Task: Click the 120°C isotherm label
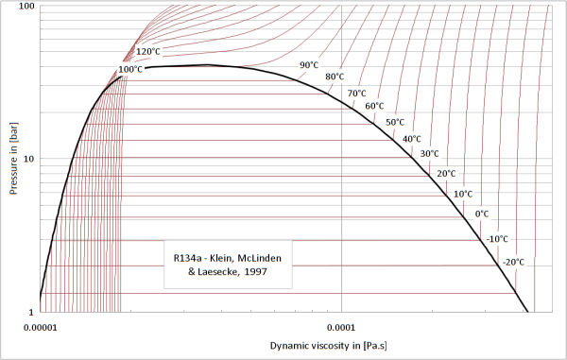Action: pyautogui.click(x=148, y=52)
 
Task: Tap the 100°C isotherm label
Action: pyautogui.click(x=130, y=69)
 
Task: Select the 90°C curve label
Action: pyautogui.click(x=309, y=65)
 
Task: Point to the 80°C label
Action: pyautogui.click(x=335, y=77)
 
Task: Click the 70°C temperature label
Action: pyautogui.click(x=357, y=94)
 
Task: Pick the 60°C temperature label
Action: pyautogui.click(x=374, y=106)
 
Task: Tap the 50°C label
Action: pyautogui.click(x=395, y=122)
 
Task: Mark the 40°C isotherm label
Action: pyautogui.click(x=412, y=139)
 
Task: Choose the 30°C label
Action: pyautogui.click(x=430, y=154)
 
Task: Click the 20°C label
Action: pyautogui.click(x=447, y=174)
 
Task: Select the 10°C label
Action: pyautogui.click(x=463, y=194)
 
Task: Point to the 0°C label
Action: pyautogui.click(x=482, y=214)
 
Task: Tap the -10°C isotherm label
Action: pyautogui.click(x=498, y=239)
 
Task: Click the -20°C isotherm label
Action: pyautogui.click(x=514, y=262)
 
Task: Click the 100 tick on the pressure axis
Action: pyautogui.click(x=26, y=7)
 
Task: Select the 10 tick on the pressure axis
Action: pyautogui.click(x=29, y=159)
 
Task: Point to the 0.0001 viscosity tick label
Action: pyautogui.click(x=341, y=328)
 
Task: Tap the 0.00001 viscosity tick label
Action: pyautogui.click(x=41, y=328)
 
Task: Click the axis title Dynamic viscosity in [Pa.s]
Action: pyautogui.click(x=328, y=346)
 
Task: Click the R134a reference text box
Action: pyautogui.click(x=228, y=265)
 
